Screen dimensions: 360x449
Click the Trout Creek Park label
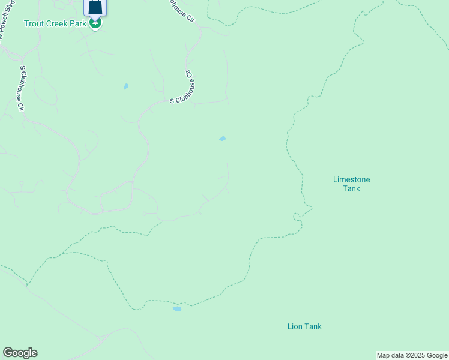(56, 23)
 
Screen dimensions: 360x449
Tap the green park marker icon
(95, 23)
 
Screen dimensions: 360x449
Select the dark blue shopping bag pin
(95, 7)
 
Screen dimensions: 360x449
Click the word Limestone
(352, 179)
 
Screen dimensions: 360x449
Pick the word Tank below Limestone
(351, 188)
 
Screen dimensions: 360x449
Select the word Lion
(295, 326)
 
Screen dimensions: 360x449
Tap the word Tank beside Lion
(313, 326)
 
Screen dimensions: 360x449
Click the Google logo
(20, 353)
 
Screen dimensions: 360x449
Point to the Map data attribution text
(412, 355)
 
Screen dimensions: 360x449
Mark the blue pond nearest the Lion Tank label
(177, 309)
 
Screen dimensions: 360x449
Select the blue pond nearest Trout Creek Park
(126, 86)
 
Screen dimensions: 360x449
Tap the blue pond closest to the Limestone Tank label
(223, 139)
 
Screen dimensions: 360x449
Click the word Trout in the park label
(34, 23)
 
